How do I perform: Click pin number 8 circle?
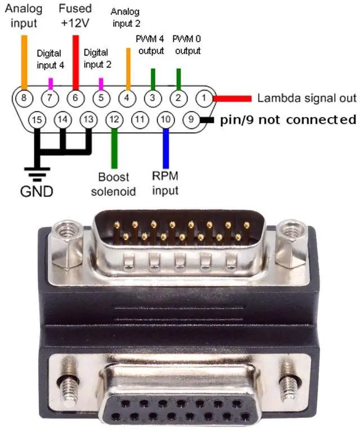(23, 97)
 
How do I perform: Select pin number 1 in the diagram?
(203, 98)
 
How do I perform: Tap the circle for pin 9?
(191, 119)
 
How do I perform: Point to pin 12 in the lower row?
(114, 119)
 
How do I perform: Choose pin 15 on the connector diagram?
(37, 119)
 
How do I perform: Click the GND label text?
(37, 191)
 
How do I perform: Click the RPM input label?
(165, 183)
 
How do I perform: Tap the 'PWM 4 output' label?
(151, 45)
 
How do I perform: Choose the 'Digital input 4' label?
(51, 59)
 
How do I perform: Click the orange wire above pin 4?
(128, 69)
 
